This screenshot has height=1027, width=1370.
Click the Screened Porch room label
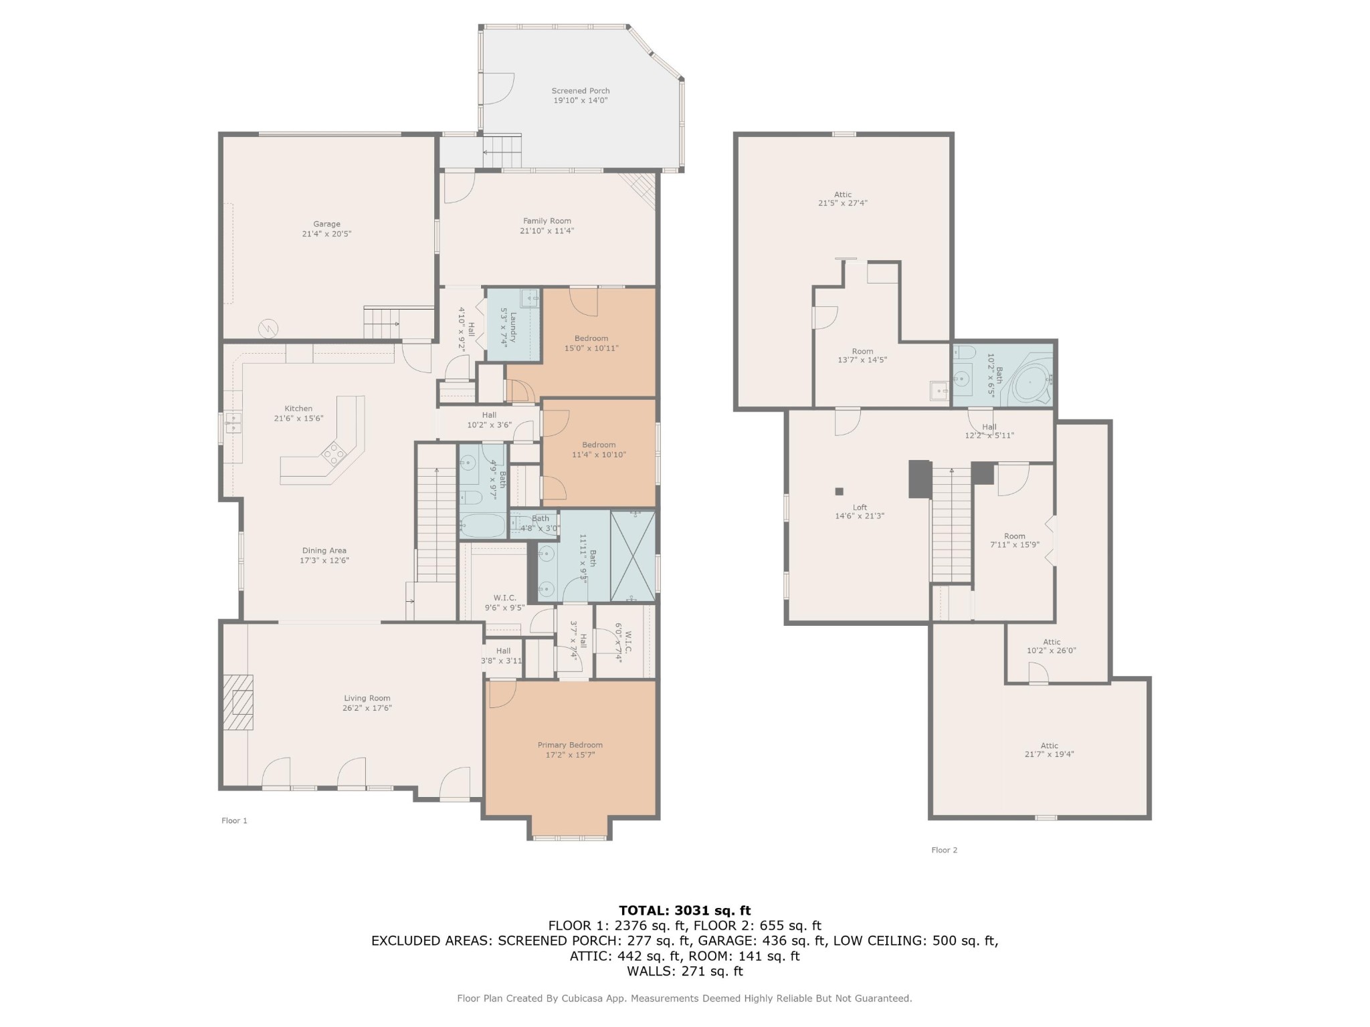pos(580,96)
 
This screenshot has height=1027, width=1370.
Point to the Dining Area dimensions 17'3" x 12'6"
pos(324,560)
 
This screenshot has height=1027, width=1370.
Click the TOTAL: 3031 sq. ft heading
pos(685,910)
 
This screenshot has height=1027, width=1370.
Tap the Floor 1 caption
pos(234,820)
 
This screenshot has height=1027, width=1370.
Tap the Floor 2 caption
pos(944,850)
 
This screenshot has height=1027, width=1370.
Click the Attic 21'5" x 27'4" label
pos(842,199)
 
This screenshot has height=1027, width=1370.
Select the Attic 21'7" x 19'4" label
pos(1049,750)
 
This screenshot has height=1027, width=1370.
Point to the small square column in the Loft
pos(839,491)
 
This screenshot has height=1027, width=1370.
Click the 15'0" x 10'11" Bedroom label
pos(591,343)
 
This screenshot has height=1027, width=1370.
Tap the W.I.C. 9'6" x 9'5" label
pos(504,603)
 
